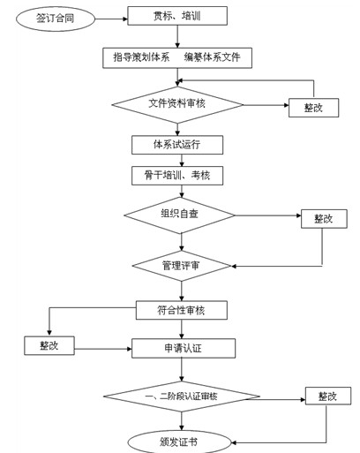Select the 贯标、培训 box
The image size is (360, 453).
(177, 16)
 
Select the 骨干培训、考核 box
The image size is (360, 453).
(177, 175)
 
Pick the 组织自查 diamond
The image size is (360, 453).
(179, 215)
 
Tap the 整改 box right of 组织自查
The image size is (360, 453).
(323, 218)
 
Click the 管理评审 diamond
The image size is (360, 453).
(181, 265)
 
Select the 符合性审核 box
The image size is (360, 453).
(181, 310)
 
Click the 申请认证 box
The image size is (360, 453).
(184, 348)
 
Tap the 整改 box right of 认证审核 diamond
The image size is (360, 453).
(327, 396)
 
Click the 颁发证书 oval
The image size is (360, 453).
(181, 440)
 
